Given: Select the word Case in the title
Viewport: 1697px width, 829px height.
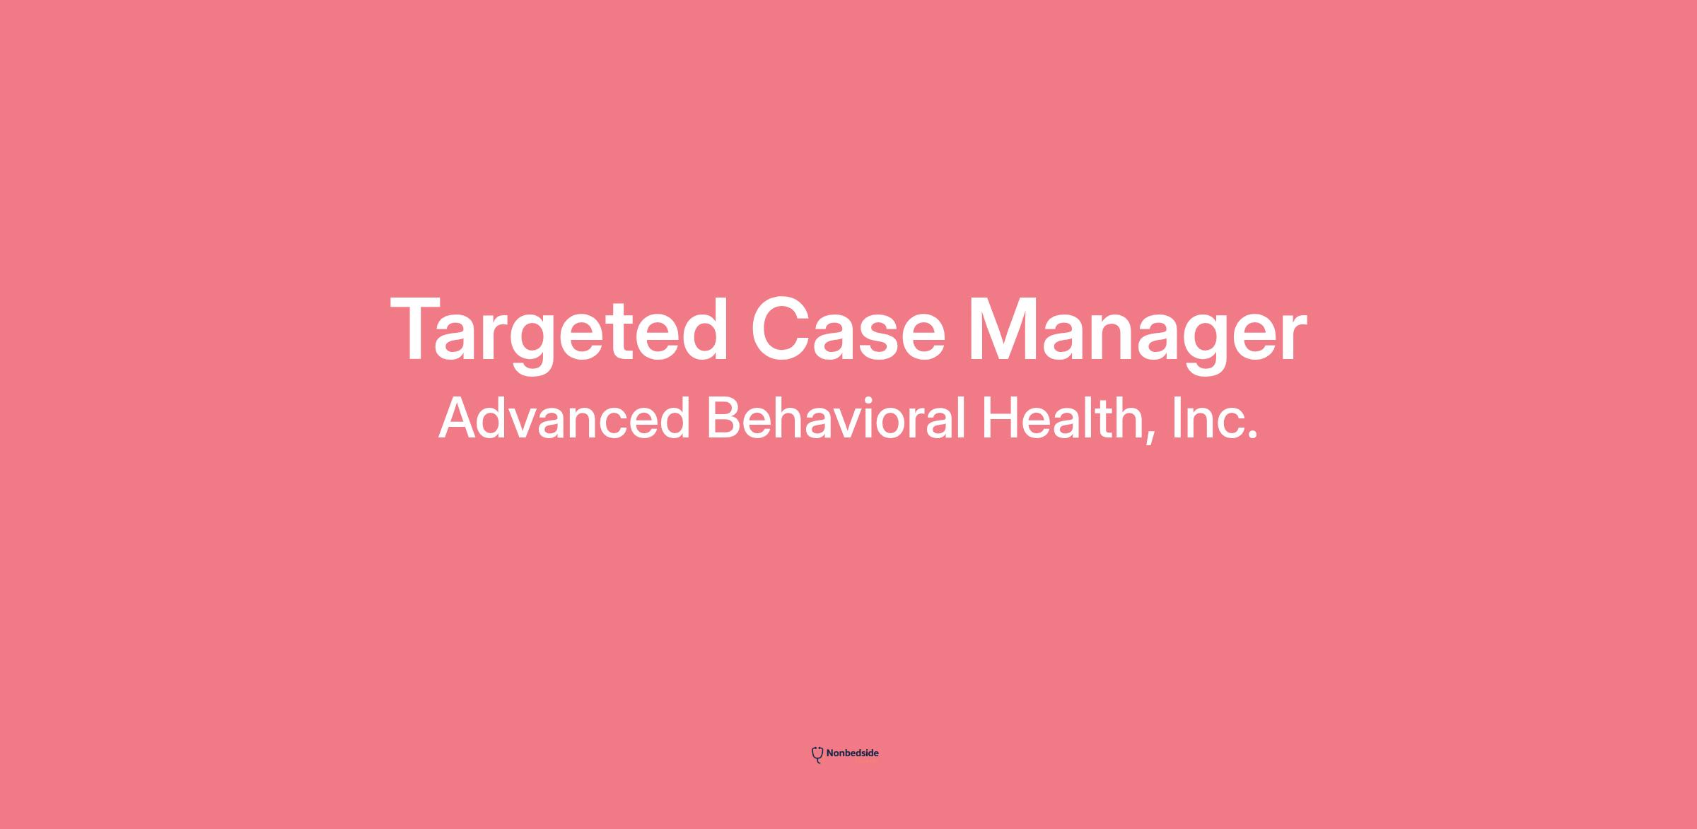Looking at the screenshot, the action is (x=848, y=329).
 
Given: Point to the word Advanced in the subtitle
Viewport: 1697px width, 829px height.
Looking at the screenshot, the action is (x=564, y=418).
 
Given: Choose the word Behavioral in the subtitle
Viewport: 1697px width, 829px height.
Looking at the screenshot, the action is (x=836, y=418).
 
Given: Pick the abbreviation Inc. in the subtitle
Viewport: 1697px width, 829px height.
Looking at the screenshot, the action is (x=1215, y=418).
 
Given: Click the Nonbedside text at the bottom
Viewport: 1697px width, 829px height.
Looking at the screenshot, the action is (x=852, y=753).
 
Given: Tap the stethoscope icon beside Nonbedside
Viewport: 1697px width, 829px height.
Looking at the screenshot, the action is (x=817, y=755).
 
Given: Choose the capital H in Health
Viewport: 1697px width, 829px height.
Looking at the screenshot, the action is (x=1000, y=418).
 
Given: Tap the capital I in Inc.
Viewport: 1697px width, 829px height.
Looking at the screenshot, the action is (x=1177, y=418).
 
